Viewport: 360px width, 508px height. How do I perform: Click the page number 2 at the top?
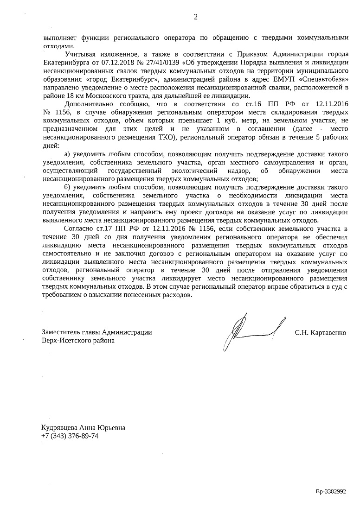click(195, 17)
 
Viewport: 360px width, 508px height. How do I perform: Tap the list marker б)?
click(67, 187)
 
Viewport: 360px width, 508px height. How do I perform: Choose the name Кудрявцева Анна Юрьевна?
click(84, 428)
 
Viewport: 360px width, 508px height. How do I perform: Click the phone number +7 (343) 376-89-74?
click(70, 437)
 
